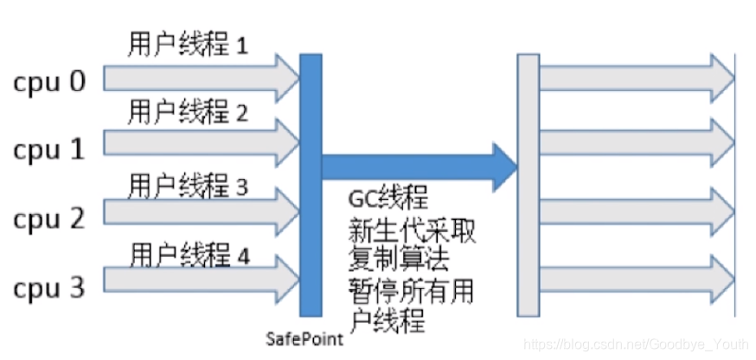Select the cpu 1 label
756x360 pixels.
49,150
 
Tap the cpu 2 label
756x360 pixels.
49,218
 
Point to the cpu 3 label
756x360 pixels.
49,286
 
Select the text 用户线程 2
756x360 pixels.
187,112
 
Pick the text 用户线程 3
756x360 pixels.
187,184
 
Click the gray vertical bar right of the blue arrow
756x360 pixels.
528,184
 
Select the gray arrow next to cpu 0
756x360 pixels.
199,78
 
